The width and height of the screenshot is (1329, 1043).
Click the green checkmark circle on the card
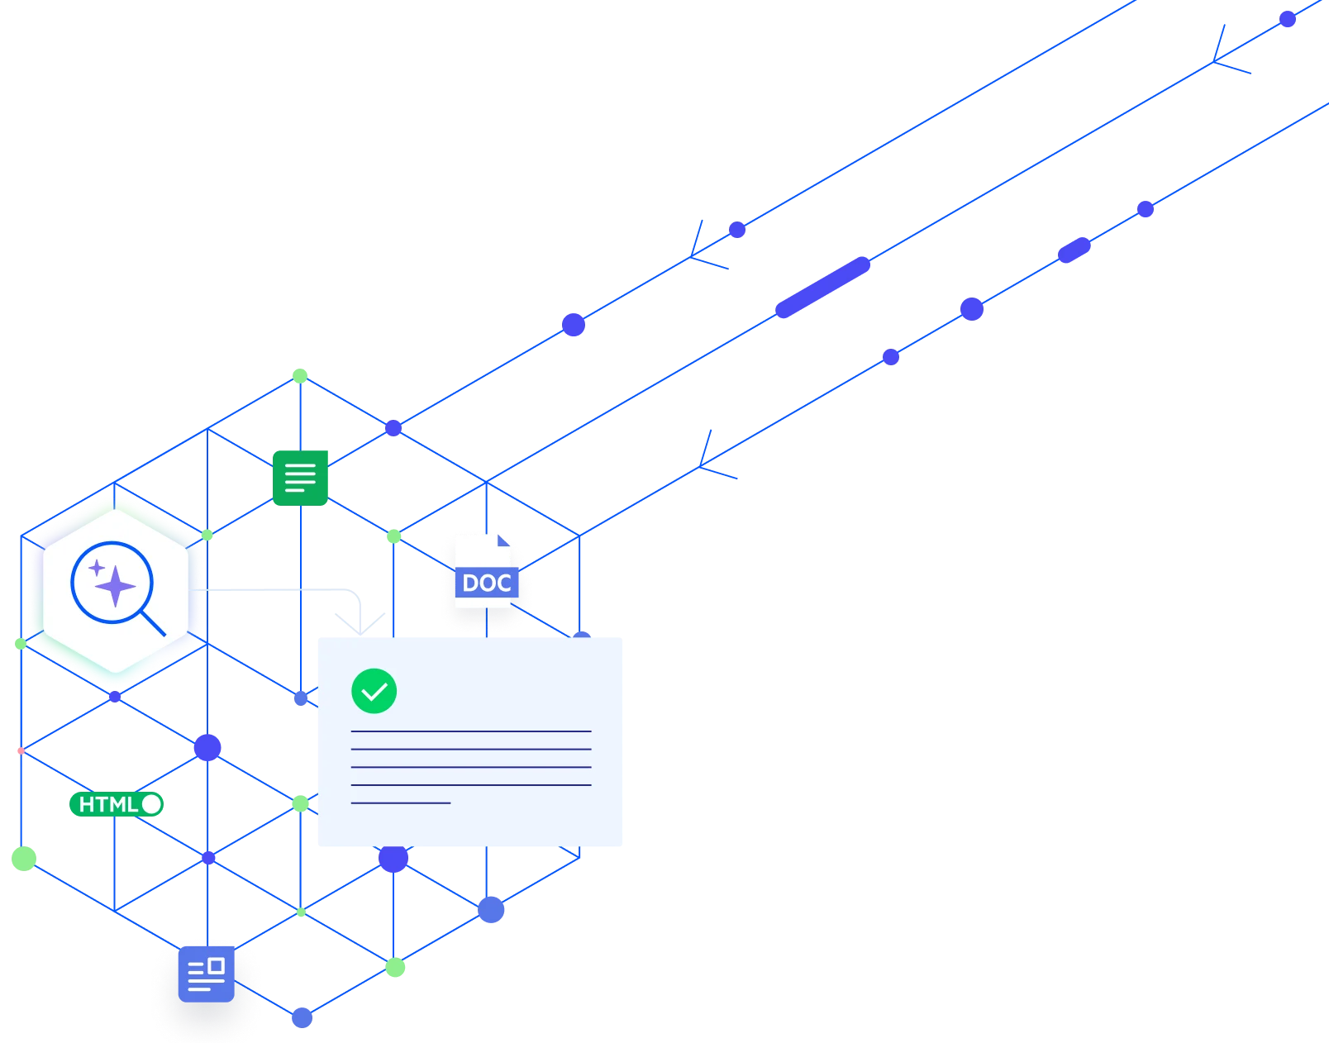(374, 691)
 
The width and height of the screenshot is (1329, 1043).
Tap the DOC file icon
(484, 572)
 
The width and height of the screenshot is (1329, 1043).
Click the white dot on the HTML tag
(151, 804)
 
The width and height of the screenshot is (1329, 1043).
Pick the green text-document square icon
(300, 477)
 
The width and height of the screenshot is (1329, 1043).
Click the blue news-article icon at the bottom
(206, 974)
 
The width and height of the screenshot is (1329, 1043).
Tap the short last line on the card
(401, 802)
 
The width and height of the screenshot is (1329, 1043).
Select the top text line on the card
(471, 731)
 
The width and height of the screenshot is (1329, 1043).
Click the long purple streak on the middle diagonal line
(823, 288)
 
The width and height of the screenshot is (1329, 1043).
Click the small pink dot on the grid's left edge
(19, 752)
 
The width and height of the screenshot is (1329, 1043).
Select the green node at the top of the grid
(300, 374)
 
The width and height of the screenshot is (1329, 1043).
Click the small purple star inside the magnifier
(97, 568)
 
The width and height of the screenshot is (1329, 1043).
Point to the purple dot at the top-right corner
(1288, 19)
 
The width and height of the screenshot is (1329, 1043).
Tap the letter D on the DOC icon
(471, 583)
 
